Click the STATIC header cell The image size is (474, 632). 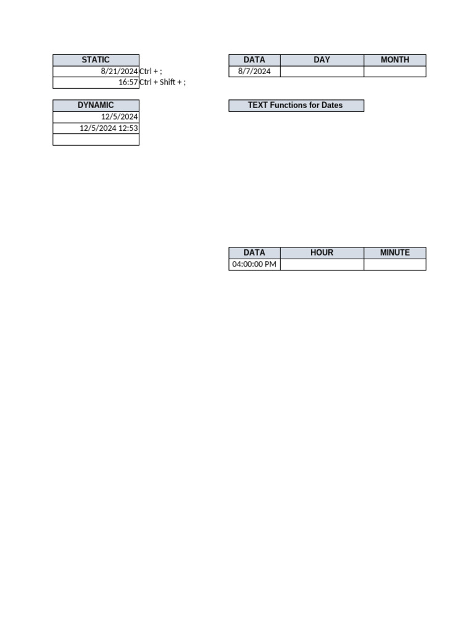96,60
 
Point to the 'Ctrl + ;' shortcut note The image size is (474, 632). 151,72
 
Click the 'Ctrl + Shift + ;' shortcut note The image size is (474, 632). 162,83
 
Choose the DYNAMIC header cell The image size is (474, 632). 96,105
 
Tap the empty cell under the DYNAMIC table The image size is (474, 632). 96,139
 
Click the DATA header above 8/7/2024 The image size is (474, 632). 254,60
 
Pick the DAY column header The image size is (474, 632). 322,60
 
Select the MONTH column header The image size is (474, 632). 394,60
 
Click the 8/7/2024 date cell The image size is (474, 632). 254,72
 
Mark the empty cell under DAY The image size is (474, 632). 322,72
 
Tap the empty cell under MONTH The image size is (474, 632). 394,72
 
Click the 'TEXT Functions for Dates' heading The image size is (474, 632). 296,106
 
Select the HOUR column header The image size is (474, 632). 322,252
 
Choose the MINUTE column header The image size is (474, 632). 394,252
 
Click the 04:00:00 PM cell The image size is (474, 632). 254,265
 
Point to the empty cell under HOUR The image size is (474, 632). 322,265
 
